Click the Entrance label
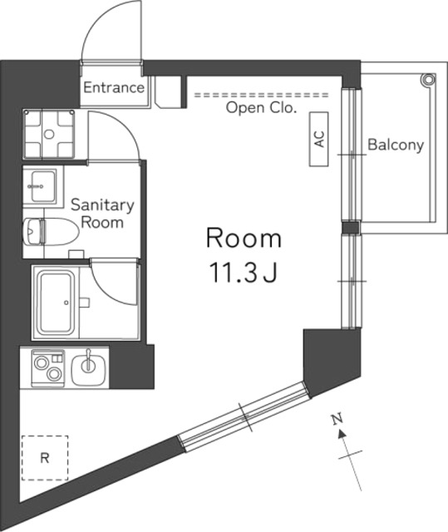pos(114,87)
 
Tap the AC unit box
pos(319,139)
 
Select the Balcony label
pos(396,145)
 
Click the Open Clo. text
pos(261,108)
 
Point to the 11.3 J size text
pos(244,273)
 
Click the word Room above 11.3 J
pos(244,239)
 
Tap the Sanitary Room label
pos(102,214)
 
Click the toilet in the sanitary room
pos(51,232)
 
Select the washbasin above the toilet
pos(43,186)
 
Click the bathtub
pos(57,303)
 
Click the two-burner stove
pos(48,367)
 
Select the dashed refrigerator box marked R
pos(45,458)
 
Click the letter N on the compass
pos(337,420)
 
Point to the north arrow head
pos(342,433)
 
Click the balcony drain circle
pos(427,80)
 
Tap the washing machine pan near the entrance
pos(49,134)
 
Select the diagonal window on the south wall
pos(244,417)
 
